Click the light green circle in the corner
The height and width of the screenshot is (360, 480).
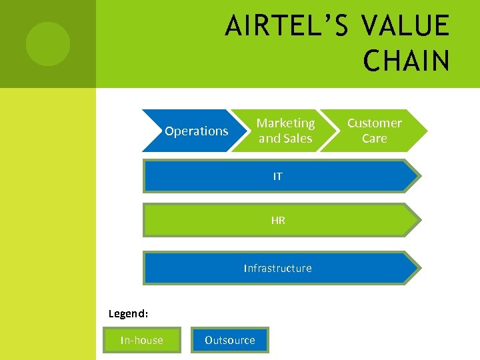tap(47, 44)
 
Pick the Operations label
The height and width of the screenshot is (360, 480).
tap(196, 131)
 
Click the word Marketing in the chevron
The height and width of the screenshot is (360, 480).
tap(285, 123)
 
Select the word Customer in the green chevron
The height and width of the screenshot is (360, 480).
tap(374, 123)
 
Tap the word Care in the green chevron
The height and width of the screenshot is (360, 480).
tap(374, 139)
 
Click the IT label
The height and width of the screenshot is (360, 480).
tap(277, 177)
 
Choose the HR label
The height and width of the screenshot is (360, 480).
tap(278, 221)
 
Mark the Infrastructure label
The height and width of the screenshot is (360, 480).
tap(277, 269)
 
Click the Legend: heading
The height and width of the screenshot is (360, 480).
tap(128, 313)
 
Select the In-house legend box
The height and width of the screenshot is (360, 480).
tap(141, 340)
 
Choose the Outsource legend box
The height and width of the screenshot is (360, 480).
tap(229, 340)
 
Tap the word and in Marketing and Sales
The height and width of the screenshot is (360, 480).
tap(270, 139)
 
